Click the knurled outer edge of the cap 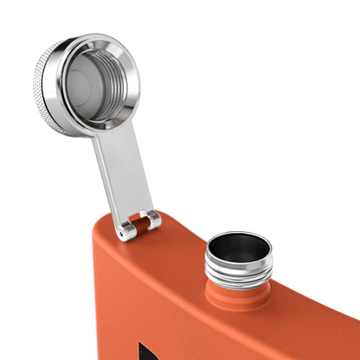pos(45,87)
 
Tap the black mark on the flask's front pos(145,350)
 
